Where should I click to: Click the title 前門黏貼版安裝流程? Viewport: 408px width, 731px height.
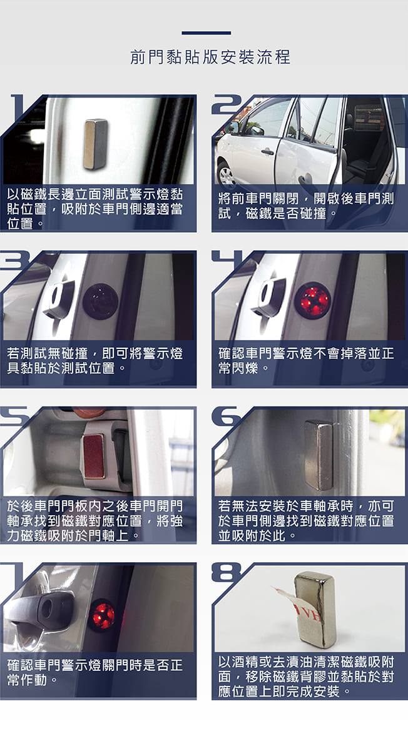click(210, 58)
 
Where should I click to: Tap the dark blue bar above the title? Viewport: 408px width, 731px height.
click(206, 33)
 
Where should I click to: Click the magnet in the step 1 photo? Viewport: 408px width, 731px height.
click(96, 144)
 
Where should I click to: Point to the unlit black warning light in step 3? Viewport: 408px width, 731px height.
click(100, 301)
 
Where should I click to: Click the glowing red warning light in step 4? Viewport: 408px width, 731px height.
click(312, 301)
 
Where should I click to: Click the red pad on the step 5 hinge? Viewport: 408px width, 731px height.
click(94, 456)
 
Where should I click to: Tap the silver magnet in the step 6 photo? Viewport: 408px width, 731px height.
click(319, 455)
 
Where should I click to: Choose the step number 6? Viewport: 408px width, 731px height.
click(226, 416)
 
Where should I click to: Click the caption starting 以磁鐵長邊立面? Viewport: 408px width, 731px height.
click(94, 208)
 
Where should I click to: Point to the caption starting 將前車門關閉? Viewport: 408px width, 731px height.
click(306, 206)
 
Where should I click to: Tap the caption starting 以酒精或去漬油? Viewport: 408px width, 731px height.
click(306, 676)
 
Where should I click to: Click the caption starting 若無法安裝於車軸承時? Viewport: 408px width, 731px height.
click(306, 520)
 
